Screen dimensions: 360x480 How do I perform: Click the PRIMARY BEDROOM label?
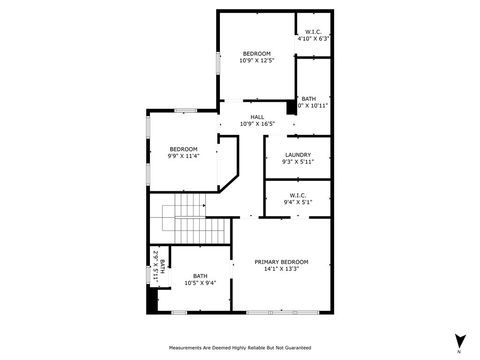(x=281, y=262)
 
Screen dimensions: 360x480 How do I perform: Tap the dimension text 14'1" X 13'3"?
(x=281, y=269)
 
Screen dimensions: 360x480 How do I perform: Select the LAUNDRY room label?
(x=298, y=155)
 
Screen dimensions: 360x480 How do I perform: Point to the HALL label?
(x=257, y=117)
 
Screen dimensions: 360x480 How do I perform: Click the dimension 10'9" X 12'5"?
(x=256, y=60)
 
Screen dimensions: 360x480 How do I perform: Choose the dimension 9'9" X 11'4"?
(x=183, y=157)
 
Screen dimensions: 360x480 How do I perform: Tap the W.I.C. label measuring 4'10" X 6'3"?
(x=313, y=32)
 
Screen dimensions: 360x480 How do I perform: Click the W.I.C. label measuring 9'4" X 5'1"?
(x=298, y=195)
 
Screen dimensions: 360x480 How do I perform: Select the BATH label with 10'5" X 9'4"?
(x=200, y=276)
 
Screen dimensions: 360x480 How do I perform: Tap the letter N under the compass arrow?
(x=459, y=352)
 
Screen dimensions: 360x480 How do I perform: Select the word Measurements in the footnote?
(x=185, y=348)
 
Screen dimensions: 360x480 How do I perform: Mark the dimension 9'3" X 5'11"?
(x=298, y=162)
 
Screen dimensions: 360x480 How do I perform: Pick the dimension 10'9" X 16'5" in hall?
(x=257, y=124)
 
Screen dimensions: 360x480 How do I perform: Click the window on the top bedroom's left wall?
(x=218, y=63)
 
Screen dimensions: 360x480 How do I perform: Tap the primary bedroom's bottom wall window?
(x=282, y=312)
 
